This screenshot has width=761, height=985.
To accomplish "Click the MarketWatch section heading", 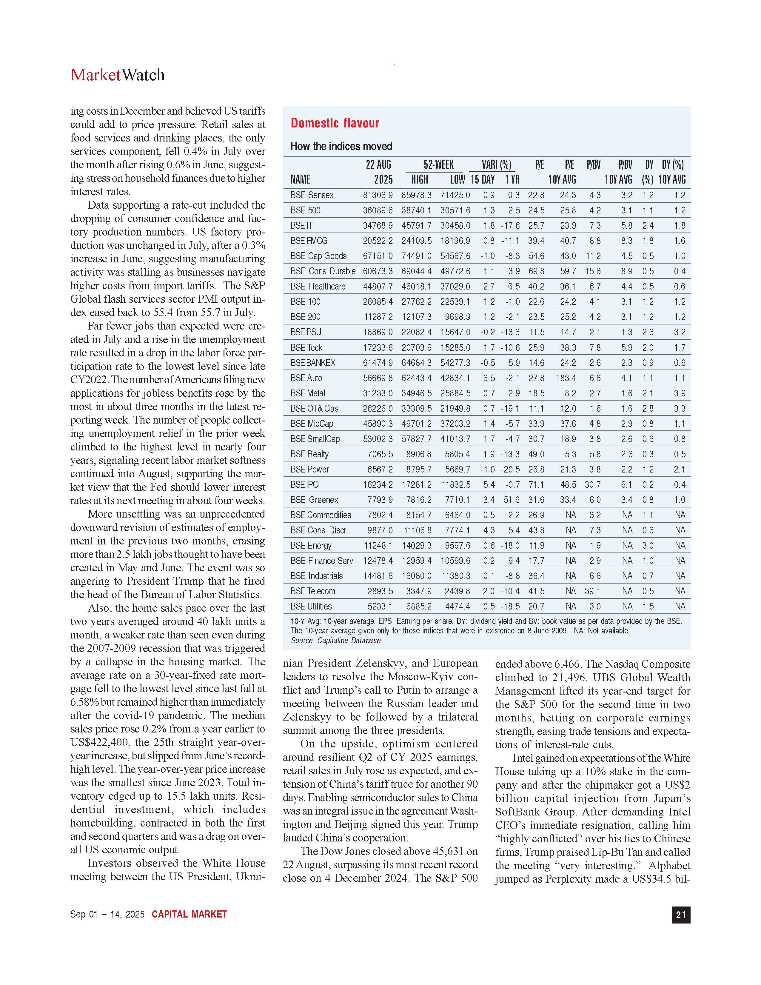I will (117, 75).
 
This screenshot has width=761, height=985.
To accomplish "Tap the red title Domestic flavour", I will (335, 123).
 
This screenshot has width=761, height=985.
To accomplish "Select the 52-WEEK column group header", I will (438, 165).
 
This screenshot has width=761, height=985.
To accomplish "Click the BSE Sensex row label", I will (312, 195).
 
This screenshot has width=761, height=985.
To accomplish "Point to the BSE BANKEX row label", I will (313, 363).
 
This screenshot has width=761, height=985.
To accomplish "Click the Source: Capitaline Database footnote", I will (335, 641).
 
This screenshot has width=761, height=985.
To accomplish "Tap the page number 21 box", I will (681, 915).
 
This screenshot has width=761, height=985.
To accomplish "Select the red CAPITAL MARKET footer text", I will (189, 914).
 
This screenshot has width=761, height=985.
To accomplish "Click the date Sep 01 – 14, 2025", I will (107, 914).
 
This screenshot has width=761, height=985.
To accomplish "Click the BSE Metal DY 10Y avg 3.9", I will (680, 393).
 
